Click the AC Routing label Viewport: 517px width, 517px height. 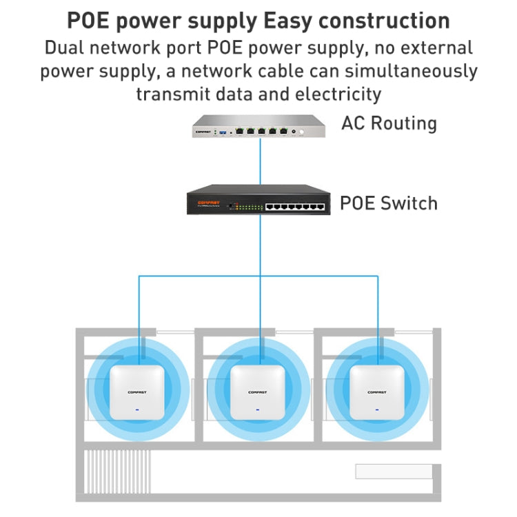(x=389, y=124)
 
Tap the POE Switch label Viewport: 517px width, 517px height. (x=388, y=203)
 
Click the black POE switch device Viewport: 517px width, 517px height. (x=258, y=202)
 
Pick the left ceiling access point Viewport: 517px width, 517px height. (x=138, y=392)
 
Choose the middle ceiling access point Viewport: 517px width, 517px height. (x=258, y=392)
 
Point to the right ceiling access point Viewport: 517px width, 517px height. (x=377, y=392)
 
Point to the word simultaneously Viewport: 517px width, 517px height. (x=405, y=71)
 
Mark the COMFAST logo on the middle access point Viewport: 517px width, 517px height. (x=258, y=393)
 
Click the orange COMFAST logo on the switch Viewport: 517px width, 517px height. (x=208, y=203)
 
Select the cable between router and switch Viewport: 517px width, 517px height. (x=259, y=162)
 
